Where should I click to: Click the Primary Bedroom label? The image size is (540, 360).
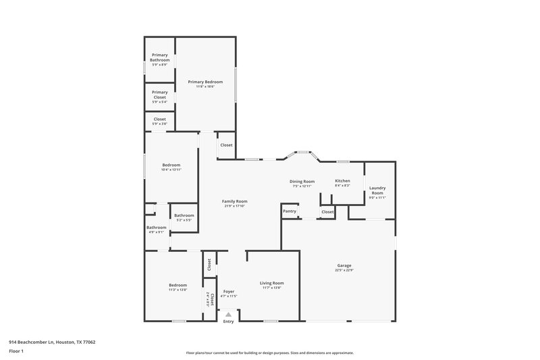pos(205,82)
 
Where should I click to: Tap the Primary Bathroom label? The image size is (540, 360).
pos(159,57)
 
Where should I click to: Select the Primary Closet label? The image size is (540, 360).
pos(159,95)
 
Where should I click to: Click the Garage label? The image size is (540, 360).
pos(344,265)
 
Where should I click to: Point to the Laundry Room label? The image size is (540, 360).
pos(377,190)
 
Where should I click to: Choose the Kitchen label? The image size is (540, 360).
pos(343,181)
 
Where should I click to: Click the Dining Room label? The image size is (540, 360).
pos(303,181)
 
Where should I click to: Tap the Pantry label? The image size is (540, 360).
pos(290,211)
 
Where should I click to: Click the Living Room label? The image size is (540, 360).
pos(272,283)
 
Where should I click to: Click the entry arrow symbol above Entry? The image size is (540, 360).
pos(229,314)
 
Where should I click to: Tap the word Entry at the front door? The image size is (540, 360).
pos(229,322)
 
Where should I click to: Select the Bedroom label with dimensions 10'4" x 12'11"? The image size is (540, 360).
pos(171,165)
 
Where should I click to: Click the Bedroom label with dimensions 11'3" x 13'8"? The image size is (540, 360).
pos(178,286)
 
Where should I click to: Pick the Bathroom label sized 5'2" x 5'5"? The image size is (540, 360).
pos(184,215)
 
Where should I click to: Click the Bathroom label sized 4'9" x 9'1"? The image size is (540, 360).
pos(157,228)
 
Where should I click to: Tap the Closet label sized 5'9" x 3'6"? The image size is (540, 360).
pos(159,120)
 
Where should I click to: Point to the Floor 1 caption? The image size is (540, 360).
pos(16,351)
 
